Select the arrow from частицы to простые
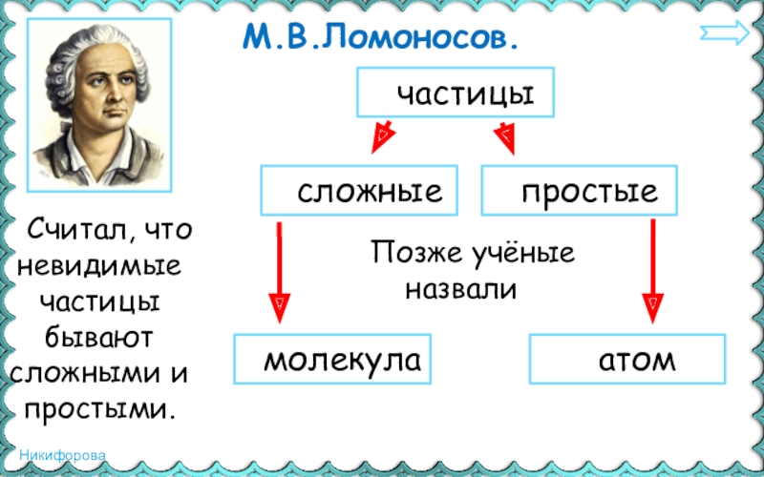[x=503, y=137]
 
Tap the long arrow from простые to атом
[x=652, y=272]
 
